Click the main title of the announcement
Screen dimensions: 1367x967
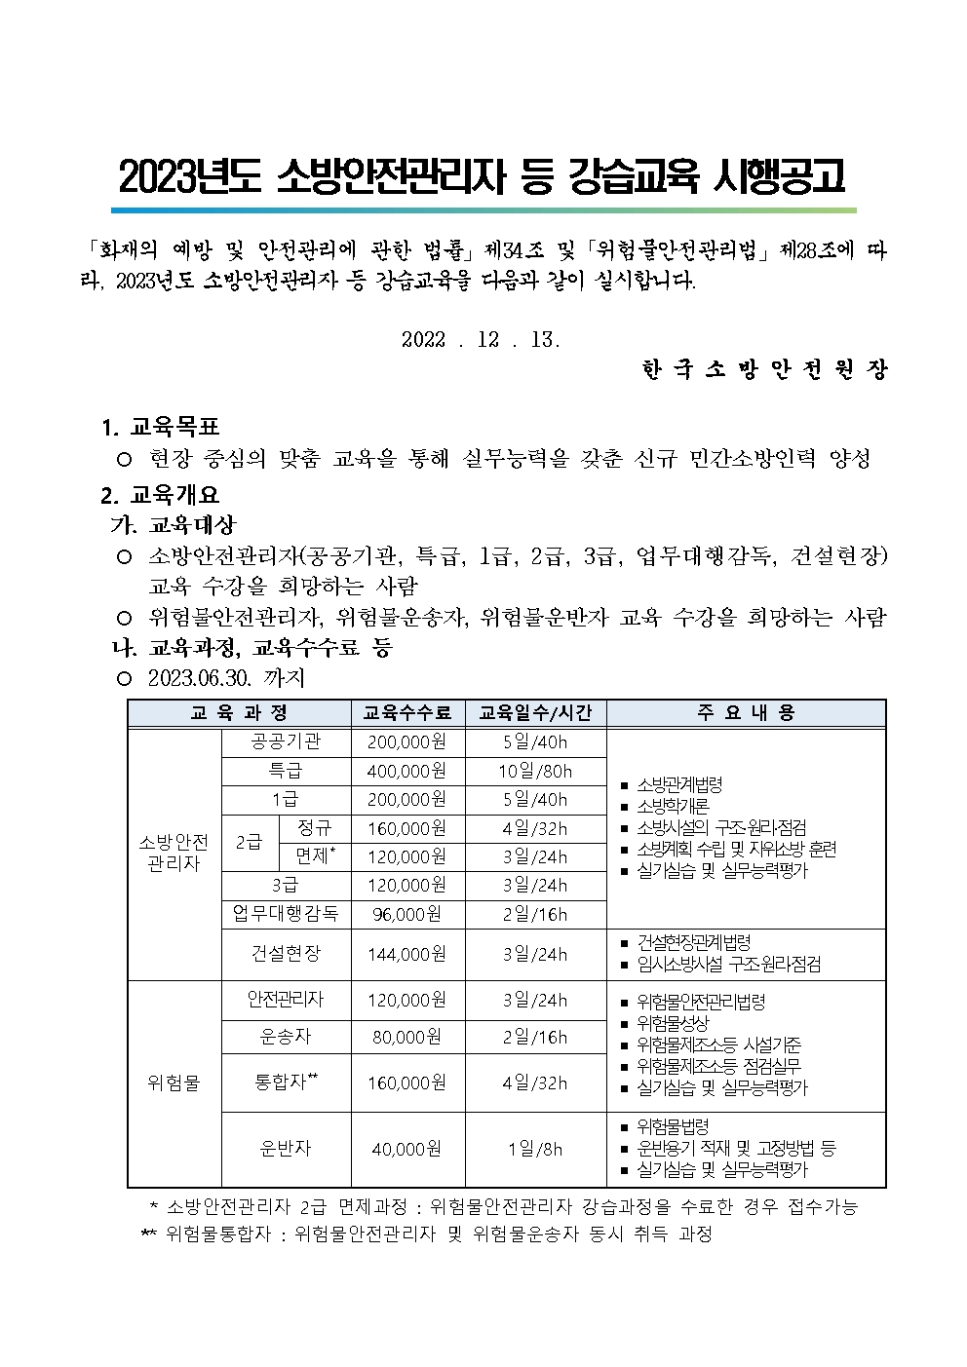click(483, 176)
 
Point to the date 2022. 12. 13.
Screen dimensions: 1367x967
click(481, 339)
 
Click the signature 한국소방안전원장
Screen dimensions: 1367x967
click(764, 370)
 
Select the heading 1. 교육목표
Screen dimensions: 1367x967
click(162, 427)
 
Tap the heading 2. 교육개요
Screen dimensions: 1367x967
click(162, 494)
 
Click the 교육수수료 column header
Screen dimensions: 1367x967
click(407, 713)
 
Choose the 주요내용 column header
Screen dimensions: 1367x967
click(746, 713)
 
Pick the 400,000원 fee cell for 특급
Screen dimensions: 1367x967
click(407, 771)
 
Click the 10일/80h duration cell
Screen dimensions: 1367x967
click(535, 771)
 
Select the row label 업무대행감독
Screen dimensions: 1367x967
click(286, 914)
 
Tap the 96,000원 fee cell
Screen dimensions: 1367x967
click(407, 914)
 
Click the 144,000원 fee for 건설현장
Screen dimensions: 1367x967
click(407, 954)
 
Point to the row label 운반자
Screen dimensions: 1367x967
click(286, 1149)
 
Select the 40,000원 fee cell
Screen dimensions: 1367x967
click(407, 1149)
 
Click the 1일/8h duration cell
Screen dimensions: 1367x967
click(535, 1149)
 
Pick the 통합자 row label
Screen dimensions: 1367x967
click(286, 1082)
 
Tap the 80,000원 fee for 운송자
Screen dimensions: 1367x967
click(407, 1037)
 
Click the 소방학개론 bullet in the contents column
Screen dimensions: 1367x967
click(673, 806)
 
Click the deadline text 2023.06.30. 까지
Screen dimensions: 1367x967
click(226, 677)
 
